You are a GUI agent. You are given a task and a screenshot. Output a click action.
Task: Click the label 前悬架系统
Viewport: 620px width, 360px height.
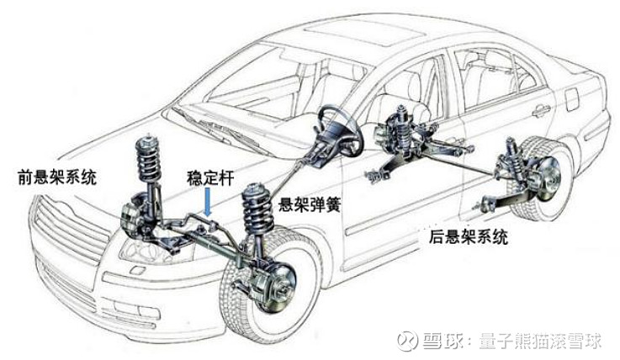57,177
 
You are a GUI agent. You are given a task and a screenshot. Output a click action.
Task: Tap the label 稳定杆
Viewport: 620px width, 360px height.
211,177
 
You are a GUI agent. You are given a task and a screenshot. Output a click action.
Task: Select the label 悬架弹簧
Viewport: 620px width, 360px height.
310,204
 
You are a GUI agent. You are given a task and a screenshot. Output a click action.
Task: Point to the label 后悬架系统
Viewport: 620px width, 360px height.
469,237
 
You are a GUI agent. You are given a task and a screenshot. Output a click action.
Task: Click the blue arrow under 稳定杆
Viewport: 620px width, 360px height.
208,202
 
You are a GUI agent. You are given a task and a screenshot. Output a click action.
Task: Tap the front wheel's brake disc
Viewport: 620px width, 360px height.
281,285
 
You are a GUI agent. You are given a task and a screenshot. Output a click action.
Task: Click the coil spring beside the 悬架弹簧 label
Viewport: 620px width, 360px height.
258,209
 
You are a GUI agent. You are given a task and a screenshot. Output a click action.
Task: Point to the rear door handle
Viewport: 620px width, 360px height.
541,112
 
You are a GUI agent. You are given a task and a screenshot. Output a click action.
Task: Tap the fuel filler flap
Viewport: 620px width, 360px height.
572,98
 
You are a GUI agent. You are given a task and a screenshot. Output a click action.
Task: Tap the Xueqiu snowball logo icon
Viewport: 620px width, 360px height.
408,341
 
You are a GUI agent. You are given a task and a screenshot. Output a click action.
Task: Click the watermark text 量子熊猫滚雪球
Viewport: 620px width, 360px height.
541,341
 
